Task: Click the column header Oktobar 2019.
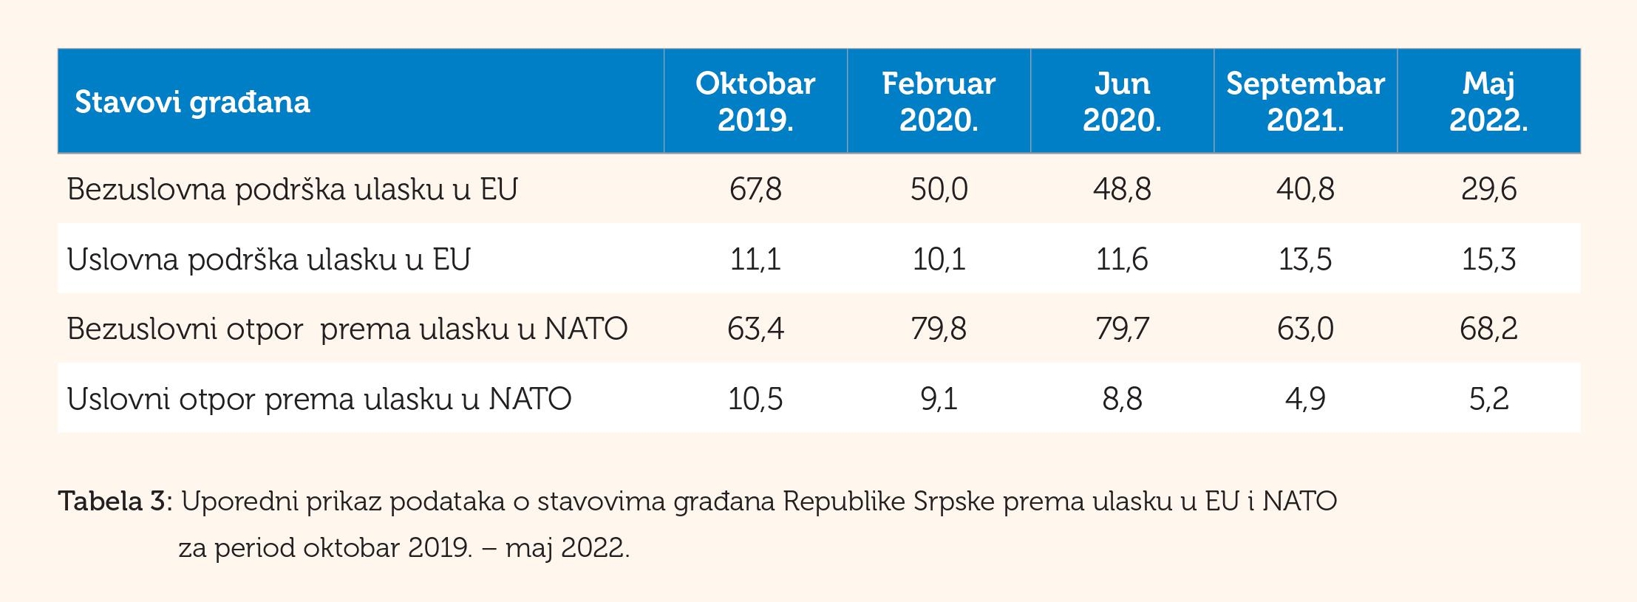click(x=755, y=101)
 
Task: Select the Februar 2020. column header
click(x=939, y=101)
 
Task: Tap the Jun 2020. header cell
click(x=1122, y=101)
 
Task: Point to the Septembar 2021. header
click(x=1305, y=101)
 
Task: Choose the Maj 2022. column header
click(x=1488, y=101)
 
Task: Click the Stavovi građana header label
click(x=192, y=102)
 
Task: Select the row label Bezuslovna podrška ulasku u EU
click(x=292, y=189)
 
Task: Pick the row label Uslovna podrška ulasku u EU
click(x=268, y=259)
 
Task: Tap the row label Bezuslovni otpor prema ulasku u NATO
click(x=347, y=329)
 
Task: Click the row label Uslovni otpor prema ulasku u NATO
click(x=319, y=399)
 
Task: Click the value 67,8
click(x=755, y=189)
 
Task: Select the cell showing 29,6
click(x=1488, y=189)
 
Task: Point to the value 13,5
click(x=1305, y=259)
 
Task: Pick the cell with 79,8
click(x=939, y=329)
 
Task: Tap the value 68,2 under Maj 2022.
click(x=1488, y=329)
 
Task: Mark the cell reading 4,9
click(x=1305, y=399)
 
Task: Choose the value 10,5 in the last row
click(x=755, y=399)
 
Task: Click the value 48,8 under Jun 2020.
click(x=1122, y=189)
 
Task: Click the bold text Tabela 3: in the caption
click(x=115, y=502)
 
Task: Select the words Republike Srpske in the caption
click(x=889, y=502)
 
